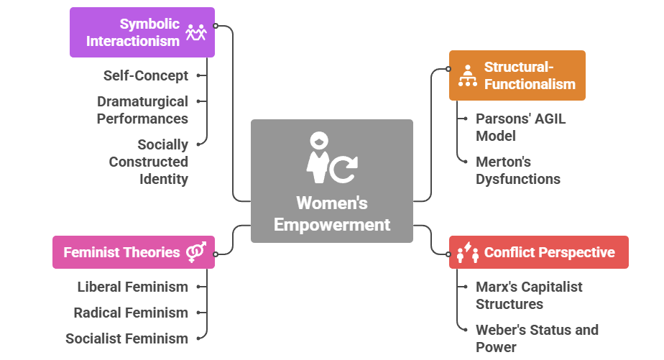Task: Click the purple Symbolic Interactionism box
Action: tap(142, 32)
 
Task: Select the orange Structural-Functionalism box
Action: tap(517, 75)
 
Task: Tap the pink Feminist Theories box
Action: tap(133, 252)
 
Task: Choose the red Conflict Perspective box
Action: tap(539, 252)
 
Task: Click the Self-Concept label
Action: tap(145, 75)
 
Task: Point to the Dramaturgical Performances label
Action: tap(142, 110)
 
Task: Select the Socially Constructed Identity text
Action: tap(148, 162)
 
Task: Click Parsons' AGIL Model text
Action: tap(520, 127)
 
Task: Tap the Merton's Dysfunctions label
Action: tap(517, 170)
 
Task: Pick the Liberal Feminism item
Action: tap(133, 287)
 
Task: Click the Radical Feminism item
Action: tap(131, 313)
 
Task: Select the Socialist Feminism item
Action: tap(126, 338)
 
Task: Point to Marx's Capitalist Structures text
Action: tap(529, 295)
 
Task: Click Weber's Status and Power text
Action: tap(537, 338)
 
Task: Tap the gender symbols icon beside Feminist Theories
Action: tap(196, 252)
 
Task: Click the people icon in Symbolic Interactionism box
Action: tap(195, 32)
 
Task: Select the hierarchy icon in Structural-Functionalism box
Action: tap(468, 75)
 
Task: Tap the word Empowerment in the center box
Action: tap(332, 224)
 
